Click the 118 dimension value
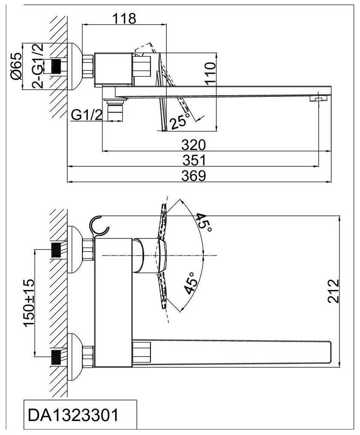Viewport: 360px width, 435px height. tap(124, 18)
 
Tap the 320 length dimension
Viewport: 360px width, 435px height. tap(194, 145)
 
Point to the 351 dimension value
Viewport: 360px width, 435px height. tap(194, 161)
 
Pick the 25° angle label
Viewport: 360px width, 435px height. tap(179, 122)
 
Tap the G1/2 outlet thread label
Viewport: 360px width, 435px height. tap(87, 115)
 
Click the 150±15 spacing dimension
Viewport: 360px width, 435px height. tap(29, 303)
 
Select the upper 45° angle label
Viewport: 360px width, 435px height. tap(203, 223)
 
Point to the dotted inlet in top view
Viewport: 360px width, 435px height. tap(57, 66)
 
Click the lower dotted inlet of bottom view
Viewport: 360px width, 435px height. tap(57, 357)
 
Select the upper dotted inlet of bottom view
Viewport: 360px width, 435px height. tap(57, 249)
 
